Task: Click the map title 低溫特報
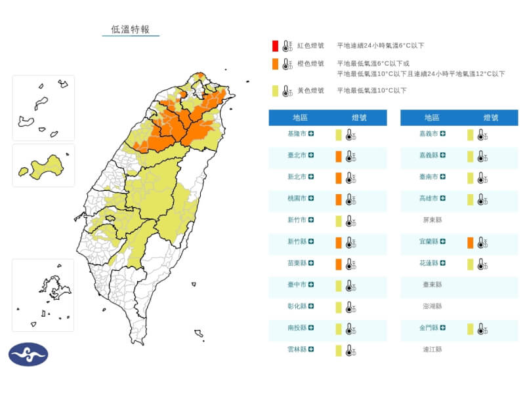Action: [131, 30]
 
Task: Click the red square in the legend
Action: [276, 46]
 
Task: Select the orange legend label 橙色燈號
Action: [310, 64]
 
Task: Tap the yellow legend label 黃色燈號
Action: [310, 91]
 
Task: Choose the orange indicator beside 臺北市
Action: [338, 156]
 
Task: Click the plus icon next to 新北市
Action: [311, 177]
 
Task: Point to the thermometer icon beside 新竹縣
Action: [351, 243]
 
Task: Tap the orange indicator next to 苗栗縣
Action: [338, 264]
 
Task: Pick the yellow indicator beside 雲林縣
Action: [338, 350]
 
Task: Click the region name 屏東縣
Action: [432, 220]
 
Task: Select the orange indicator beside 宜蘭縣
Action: [470, 243]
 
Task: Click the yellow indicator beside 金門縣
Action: [470, 329]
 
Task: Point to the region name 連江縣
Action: [432, 350]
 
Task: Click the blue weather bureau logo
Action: [28, 354]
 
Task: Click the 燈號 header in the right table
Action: [491, 118]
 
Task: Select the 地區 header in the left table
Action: [301, 118]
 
